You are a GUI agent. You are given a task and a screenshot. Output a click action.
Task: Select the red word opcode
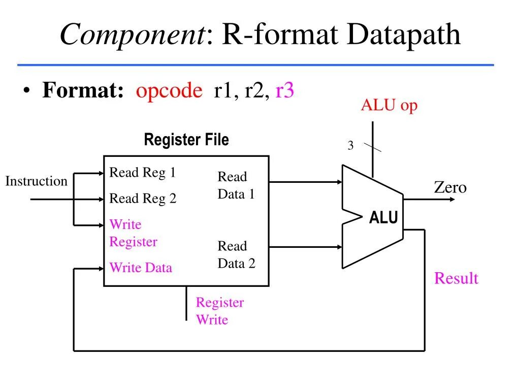point(169,91)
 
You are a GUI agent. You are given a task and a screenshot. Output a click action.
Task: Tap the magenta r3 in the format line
point(285,91)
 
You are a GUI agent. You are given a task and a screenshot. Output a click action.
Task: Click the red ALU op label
point(389,106)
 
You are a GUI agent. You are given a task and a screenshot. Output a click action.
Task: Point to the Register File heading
point(186,140)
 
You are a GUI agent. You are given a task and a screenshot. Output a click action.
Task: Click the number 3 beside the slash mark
point(350,146)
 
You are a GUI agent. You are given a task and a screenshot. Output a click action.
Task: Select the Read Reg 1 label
point(143,173)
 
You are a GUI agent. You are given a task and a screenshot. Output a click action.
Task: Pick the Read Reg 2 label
point(143,199)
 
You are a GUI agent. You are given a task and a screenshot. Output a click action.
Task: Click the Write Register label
point(133,233)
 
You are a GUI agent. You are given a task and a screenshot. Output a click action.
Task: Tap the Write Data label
point(141,268)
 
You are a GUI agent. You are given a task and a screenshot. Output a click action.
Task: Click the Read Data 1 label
point(236,185)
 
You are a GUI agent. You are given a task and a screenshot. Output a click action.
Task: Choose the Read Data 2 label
point(236,254)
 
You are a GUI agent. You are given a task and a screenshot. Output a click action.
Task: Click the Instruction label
point(36,181)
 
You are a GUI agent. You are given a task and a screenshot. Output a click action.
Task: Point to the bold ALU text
point(383,218)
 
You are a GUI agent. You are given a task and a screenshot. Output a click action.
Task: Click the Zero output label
point(450,187)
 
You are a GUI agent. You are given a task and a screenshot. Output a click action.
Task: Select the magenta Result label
point(456,278)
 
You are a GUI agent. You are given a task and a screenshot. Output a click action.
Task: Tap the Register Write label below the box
point(219,311)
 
